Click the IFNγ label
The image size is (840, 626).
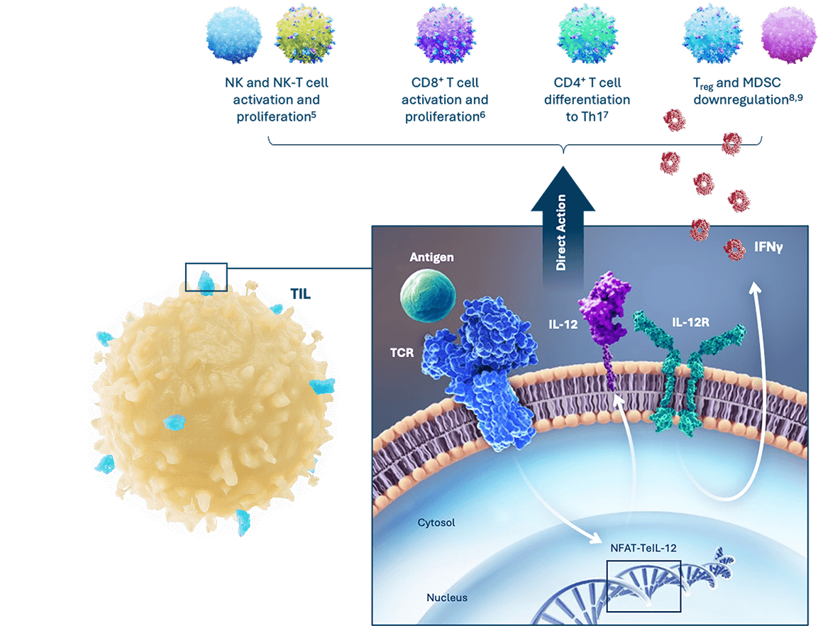(766, 248)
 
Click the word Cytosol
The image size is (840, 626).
(436, 523)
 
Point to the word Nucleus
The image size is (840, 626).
(446, 598)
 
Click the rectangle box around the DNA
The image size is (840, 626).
(643, 586)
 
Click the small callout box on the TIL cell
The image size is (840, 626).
(206, 277)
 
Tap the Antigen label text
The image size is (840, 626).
(431, 257)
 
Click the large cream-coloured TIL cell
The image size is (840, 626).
(213, 405)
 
